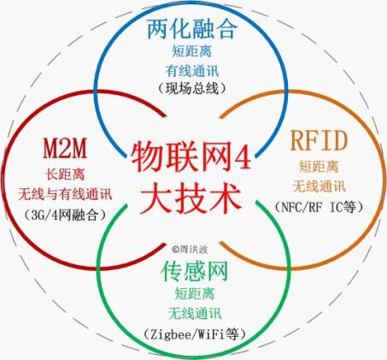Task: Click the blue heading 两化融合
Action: [192, 29]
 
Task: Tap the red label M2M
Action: [65, 148]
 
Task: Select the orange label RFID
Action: [319, 140]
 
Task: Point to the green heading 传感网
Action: [195, 271]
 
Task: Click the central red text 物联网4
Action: [191, 157]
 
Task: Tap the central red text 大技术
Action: [191, 199]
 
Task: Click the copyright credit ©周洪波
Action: [190, 250]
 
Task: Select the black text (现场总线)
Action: [192, 89]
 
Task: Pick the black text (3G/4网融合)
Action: [65, 215]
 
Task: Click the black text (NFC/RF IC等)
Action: [319, 207]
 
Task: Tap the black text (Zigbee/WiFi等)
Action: [195, 333]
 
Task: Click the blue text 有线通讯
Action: [192, 71]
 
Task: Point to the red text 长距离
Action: [65, 174]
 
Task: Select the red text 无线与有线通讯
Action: [65, 194]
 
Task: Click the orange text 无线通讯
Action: [319, 186]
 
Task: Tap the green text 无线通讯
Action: [195, 314]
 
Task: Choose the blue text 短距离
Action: [192, 51]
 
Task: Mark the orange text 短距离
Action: [319, 166]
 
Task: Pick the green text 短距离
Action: [195, 293]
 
